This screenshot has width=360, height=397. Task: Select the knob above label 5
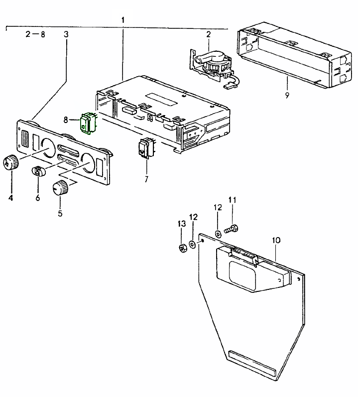pyautogui.click(x=60, y=188)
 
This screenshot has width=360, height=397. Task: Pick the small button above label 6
pyautogui.click(x=39, y=171)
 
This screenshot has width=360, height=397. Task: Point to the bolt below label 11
pyautogui.click(x=231, y=229)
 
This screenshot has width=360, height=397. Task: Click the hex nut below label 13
pyautogui.click(x=182, y=247)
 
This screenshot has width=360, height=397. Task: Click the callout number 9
pyautogui.click(x=287, y=95)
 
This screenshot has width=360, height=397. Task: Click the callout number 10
pyautogui.click(x=276, y=240)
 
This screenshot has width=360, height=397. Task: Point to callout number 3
pyautogui.click(x=66, y=34)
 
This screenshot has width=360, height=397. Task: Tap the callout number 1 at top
pyautogui.click(x=122, y=19)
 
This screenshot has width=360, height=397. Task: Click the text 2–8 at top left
pyautogui.click(x=35, y=34)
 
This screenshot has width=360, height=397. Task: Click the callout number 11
pyautogui.click(x=232, y=200)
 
